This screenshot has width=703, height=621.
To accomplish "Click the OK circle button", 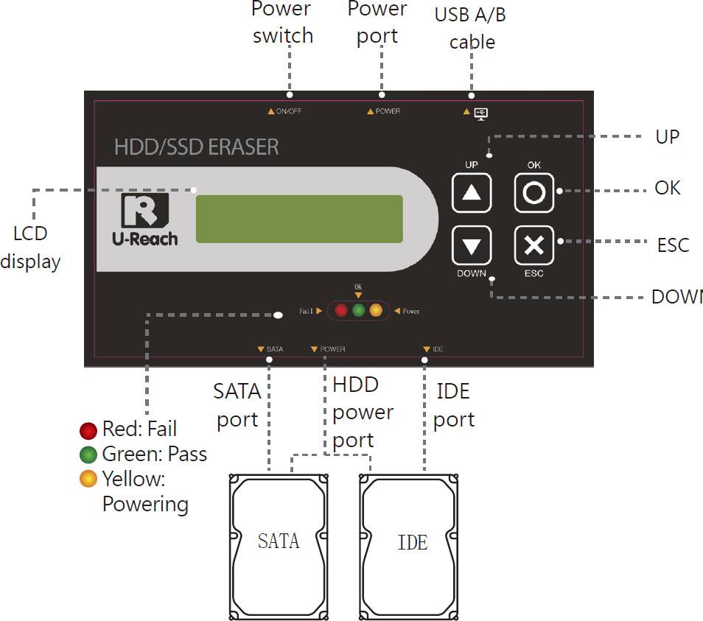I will pyautogui.click(x=534, y=193).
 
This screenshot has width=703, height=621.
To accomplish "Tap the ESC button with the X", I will pyautogui.click(x=534, y=245).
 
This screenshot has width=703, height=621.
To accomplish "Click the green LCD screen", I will pyautogui.click(x=299, y=219).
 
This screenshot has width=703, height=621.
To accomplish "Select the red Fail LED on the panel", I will pyautogui.click(x=341, y=310).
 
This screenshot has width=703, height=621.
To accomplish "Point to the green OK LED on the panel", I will pyautogui.click(x=358, y=310).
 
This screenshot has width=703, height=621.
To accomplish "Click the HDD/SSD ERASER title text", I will pyautogui.click(x=196, y=147).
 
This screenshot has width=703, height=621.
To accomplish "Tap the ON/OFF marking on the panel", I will pyautogui.click(x=284, y=112).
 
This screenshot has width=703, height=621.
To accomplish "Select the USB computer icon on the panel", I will pyautogui.click(x=480, y=113).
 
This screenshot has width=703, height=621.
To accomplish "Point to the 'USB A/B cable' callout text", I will pyautogui.click(x=471, y=28).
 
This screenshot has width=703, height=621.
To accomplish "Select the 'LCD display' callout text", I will pyautogui.click(x=29, y=247).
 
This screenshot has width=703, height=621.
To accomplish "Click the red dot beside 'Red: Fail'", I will pyautogui.click(x=88, y=429).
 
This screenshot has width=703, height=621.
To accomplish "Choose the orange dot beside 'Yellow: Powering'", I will pyautogui.click(x=88, y=480).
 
